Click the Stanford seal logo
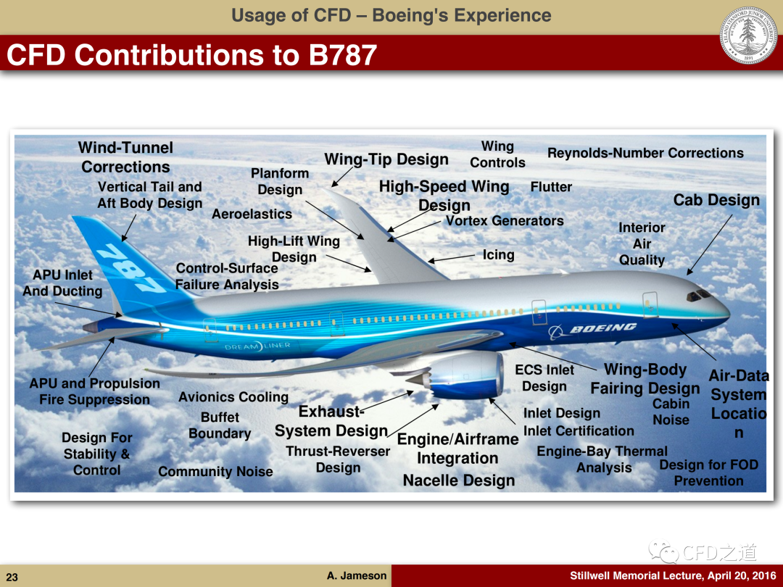[748, 36]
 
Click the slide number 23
[12, 577]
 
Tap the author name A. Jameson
[357, 575]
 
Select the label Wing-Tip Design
[386, 159]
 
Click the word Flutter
[551, 187]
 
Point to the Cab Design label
[716, 200]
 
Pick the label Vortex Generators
[505, 220]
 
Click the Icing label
[498, 254]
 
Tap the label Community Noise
[215, 471]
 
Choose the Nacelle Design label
[459, 480]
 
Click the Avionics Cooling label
[233, 397]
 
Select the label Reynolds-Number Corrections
[645, 153]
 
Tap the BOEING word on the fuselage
[602, 328]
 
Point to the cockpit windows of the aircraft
[699, 296]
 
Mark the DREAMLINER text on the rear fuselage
[257, 346]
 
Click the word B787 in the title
[342, 54]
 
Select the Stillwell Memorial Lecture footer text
[673, 575]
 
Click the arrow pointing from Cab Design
[709, 245]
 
